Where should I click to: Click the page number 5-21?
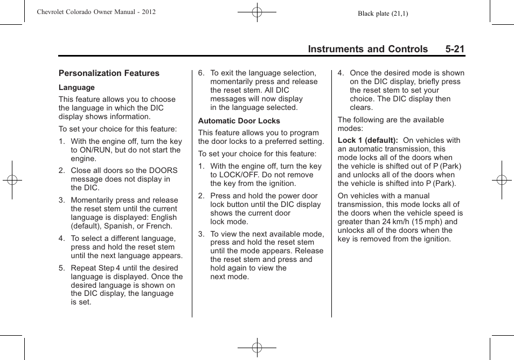[455, 49]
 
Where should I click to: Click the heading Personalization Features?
[109, 73]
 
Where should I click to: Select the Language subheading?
[77, 87]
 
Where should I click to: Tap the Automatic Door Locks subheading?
[239, 121]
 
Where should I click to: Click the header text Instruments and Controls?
[368, 49]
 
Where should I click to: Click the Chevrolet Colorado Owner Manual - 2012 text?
[96, 12]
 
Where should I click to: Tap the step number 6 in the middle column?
[201, 73]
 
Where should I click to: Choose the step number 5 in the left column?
[61, 268]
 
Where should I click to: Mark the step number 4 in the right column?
[341, 73]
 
